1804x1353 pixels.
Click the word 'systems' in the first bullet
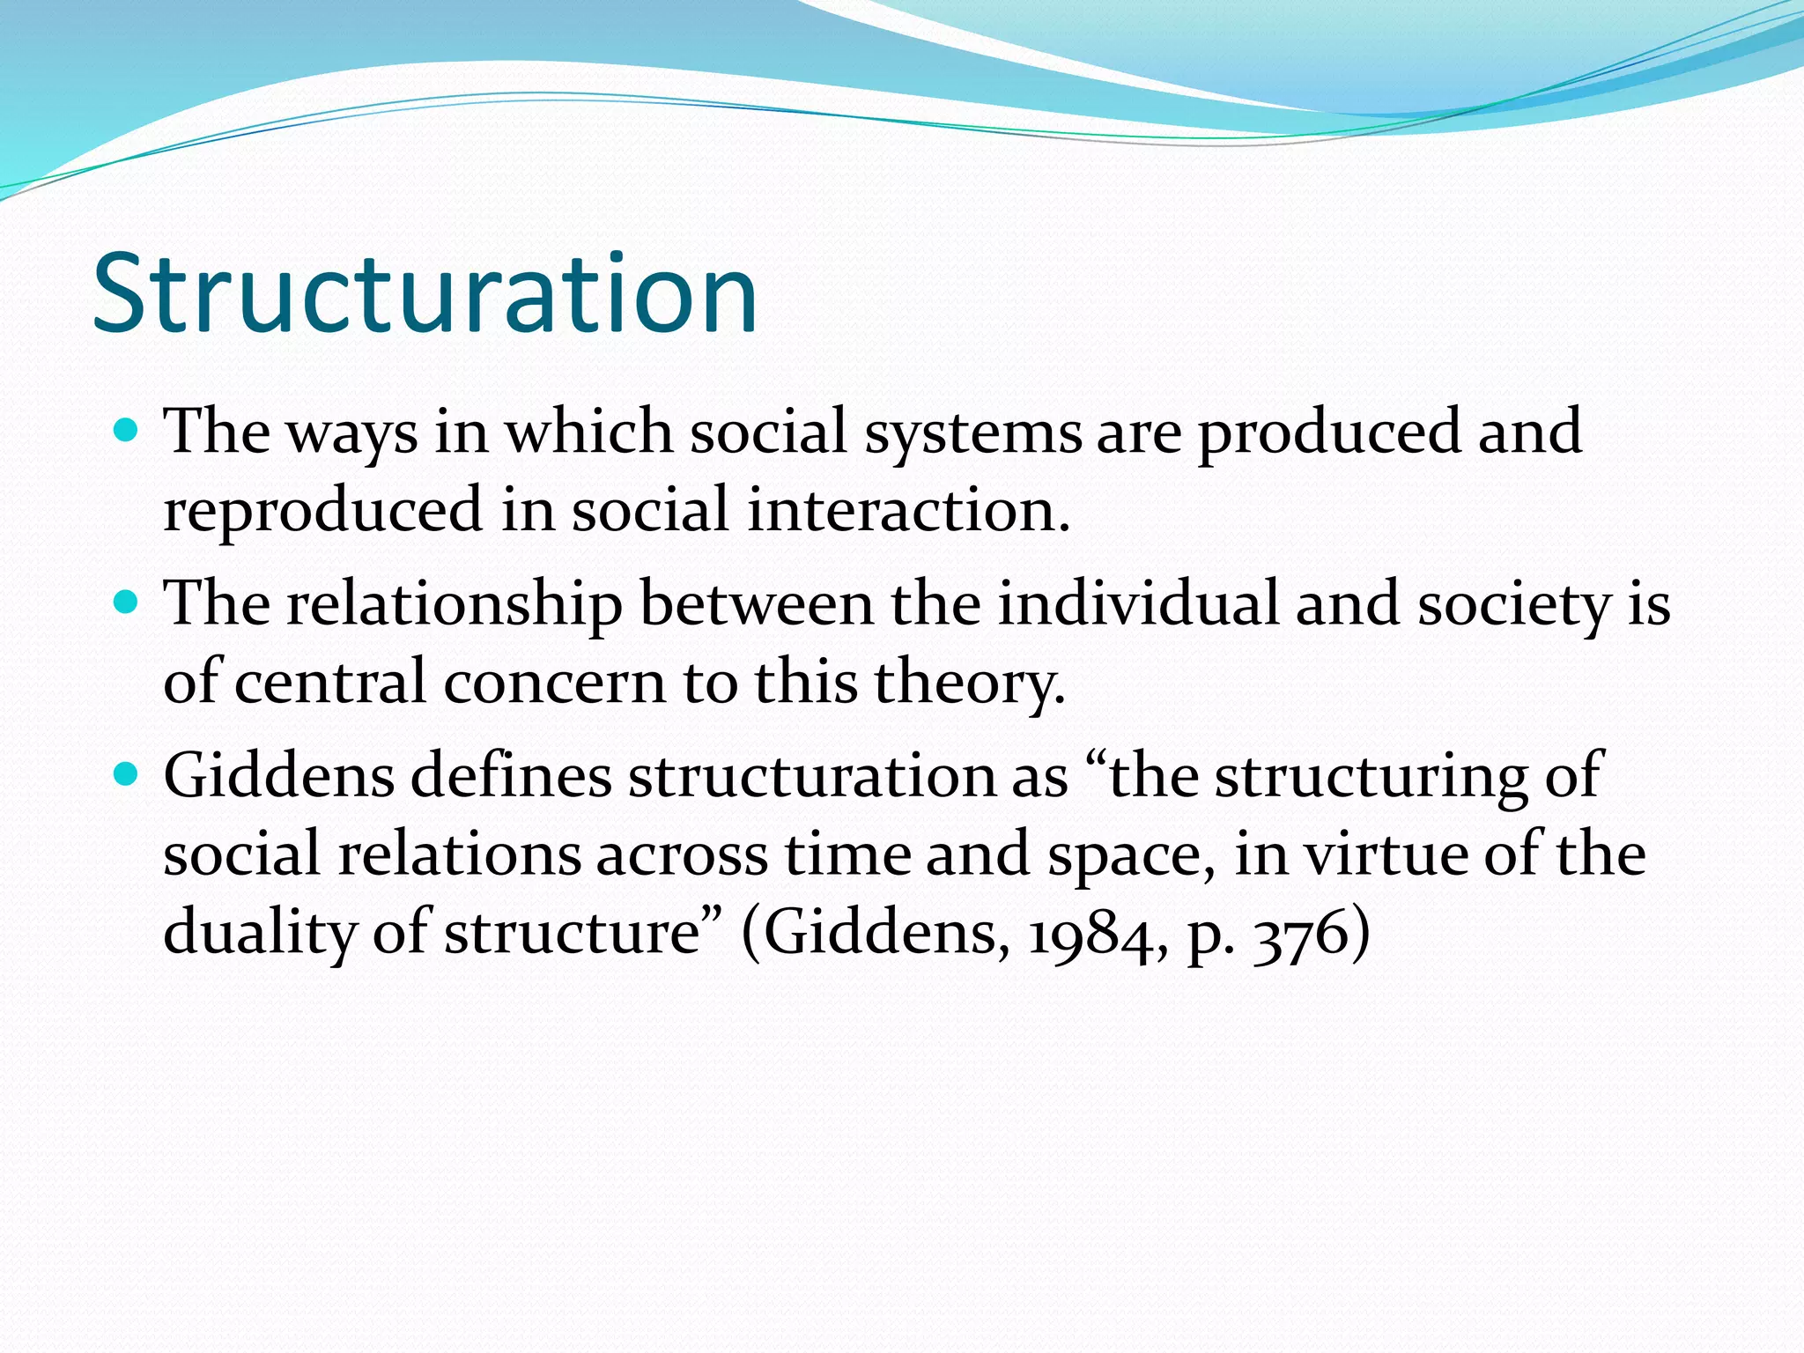tap(972, 433)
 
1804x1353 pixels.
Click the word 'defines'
tap(511, 776)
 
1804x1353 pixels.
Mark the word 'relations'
tap(459, 854)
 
